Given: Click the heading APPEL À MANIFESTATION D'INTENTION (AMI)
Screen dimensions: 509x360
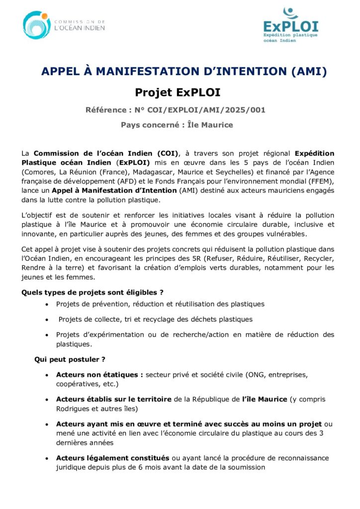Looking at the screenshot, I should coord(183,72).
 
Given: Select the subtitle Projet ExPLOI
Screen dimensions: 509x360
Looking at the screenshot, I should coord(178,92).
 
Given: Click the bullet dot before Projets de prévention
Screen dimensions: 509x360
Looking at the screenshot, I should coord(47,304).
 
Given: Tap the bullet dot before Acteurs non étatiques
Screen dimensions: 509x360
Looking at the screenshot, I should coord(47,375).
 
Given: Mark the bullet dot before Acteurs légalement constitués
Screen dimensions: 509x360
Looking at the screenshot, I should coord(47,458).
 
